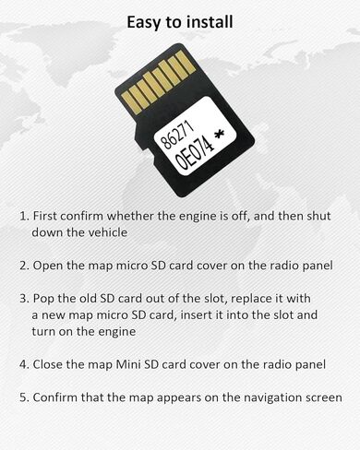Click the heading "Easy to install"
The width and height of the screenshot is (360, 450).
point(180,20)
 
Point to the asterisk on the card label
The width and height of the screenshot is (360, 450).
point(219,136)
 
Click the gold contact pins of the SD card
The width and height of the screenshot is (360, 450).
point(156,78)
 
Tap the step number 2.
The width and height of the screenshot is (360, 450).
point(23,266)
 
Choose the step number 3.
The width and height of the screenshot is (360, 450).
point(23,300)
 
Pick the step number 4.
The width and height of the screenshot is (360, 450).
point(23,364)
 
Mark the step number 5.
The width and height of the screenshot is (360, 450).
point(23,398)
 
